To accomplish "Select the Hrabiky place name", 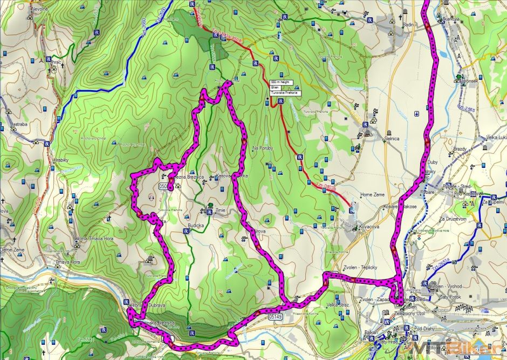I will tap(60, 160).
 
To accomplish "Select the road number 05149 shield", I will tap(273, 317).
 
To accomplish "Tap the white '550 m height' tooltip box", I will tap(280, 81).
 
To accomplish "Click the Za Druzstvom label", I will tap(453, 219).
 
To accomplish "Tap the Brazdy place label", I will tap(460, 148).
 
